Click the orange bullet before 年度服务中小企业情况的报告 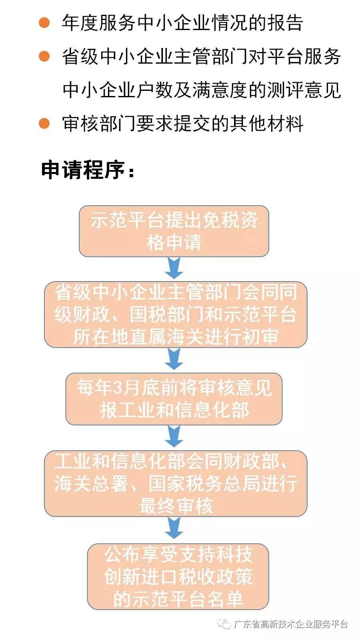tap(44, 22)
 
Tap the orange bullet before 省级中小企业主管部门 tap(44, 56)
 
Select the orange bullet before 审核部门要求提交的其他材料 tap(44, 123)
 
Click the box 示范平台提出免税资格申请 tap(174, 231)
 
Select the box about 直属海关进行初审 tap(176, 314)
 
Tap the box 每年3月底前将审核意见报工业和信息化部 tap(174, 399)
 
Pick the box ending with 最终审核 tap(176, 484)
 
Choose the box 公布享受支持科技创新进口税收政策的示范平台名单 tap(178, 576)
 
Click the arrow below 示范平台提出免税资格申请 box tap(174, 268)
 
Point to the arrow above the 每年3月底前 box tap(174, 359)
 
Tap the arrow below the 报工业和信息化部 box tap(174, 436)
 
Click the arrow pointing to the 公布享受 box tap(174, 528)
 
